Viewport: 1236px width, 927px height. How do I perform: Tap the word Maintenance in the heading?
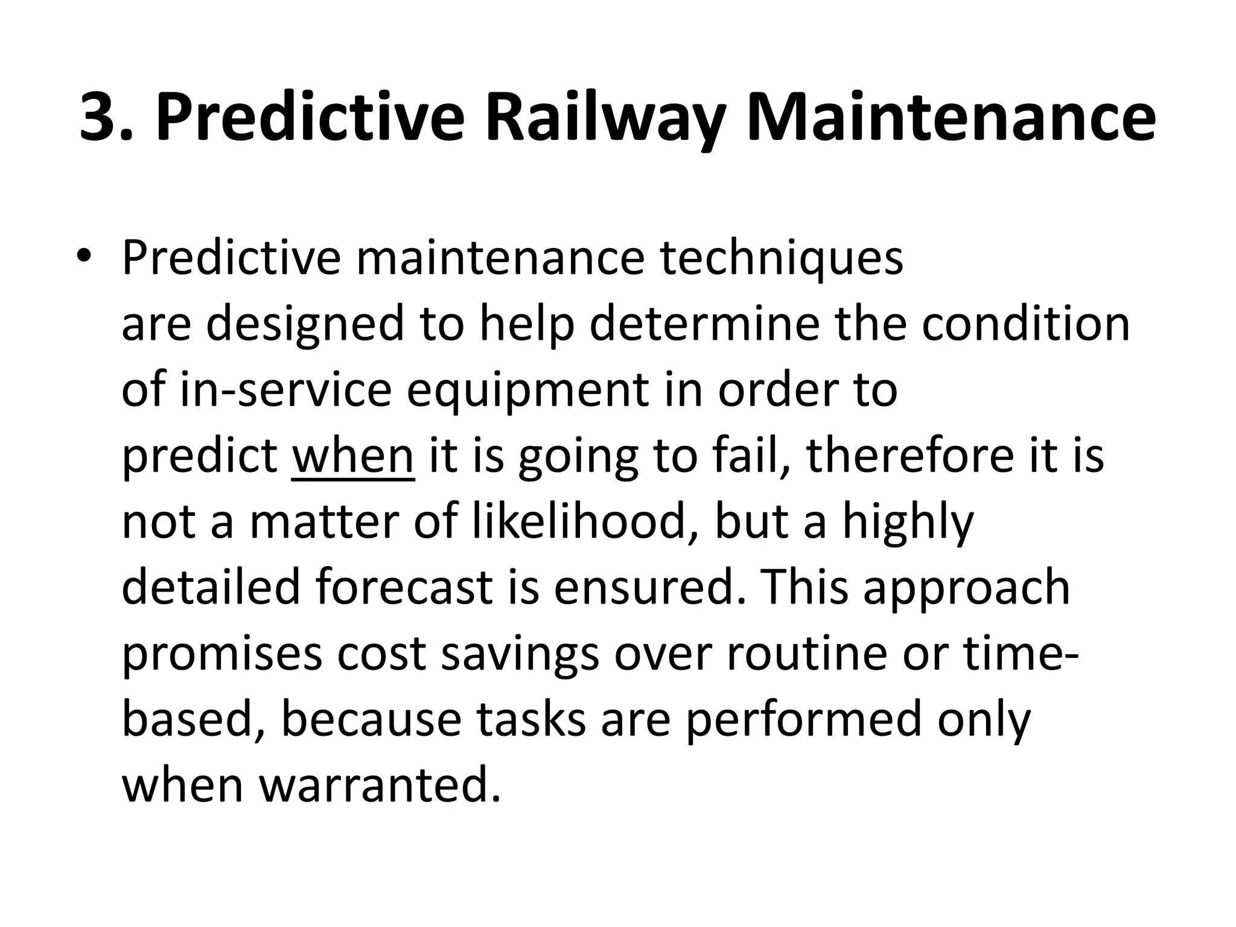[950, 117]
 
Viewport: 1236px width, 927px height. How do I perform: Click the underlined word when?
[353, 456]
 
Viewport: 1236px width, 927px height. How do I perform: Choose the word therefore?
[908, 456]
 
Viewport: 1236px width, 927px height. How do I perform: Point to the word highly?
[908, 523]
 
